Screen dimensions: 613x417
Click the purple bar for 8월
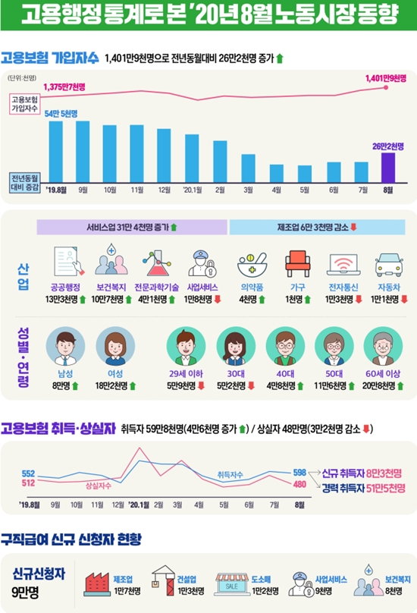coord(387,164)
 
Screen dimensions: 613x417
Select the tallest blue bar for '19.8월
coord(55,148)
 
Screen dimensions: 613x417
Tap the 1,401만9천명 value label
coord(385,78)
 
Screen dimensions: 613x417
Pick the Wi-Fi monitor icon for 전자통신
coord(340,264)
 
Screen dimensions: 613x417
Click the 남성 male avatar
coord(61,347)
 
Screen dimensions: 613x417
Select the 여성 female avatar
coord(111,347)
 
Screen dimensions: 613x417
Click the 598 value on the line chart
coord(300,473)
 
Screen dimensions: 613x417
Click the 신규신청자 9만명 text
coord(39,579)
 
